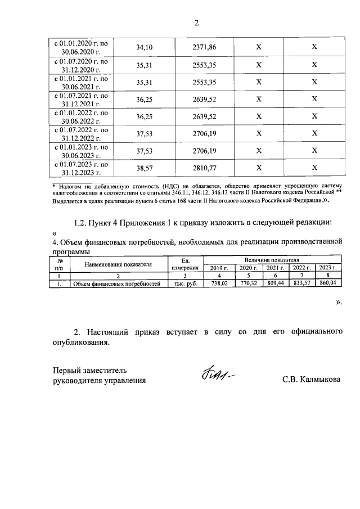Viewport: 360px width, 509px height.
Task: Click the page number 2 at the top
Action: [196, 23]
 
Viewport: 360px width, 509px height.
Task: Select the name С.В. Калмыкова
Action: [311, 380]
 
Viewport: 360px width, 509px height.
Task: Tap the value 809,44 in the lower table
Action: [276, 285]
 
